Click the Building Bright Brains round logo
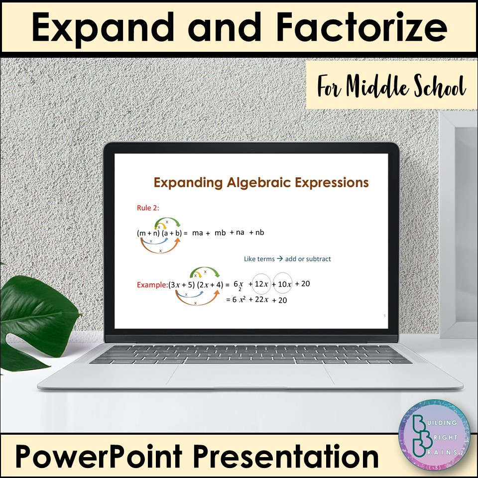(x=434, y=435)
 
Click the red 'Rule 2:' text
(x=148, y=208)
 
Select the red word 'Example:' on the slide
(x=152, y=285)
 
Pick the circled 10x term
(x=284, y=284)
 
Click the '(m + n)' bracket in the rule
(x=148, y=233)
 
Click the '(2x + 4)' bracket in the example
(x=210, y=285)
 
